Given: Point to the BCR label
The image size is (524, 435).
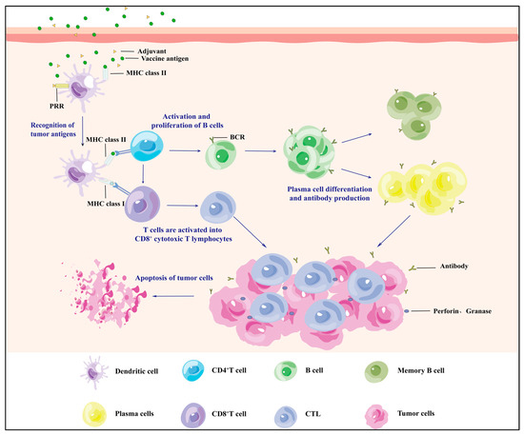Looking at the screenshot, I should [x=252, y=138].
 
